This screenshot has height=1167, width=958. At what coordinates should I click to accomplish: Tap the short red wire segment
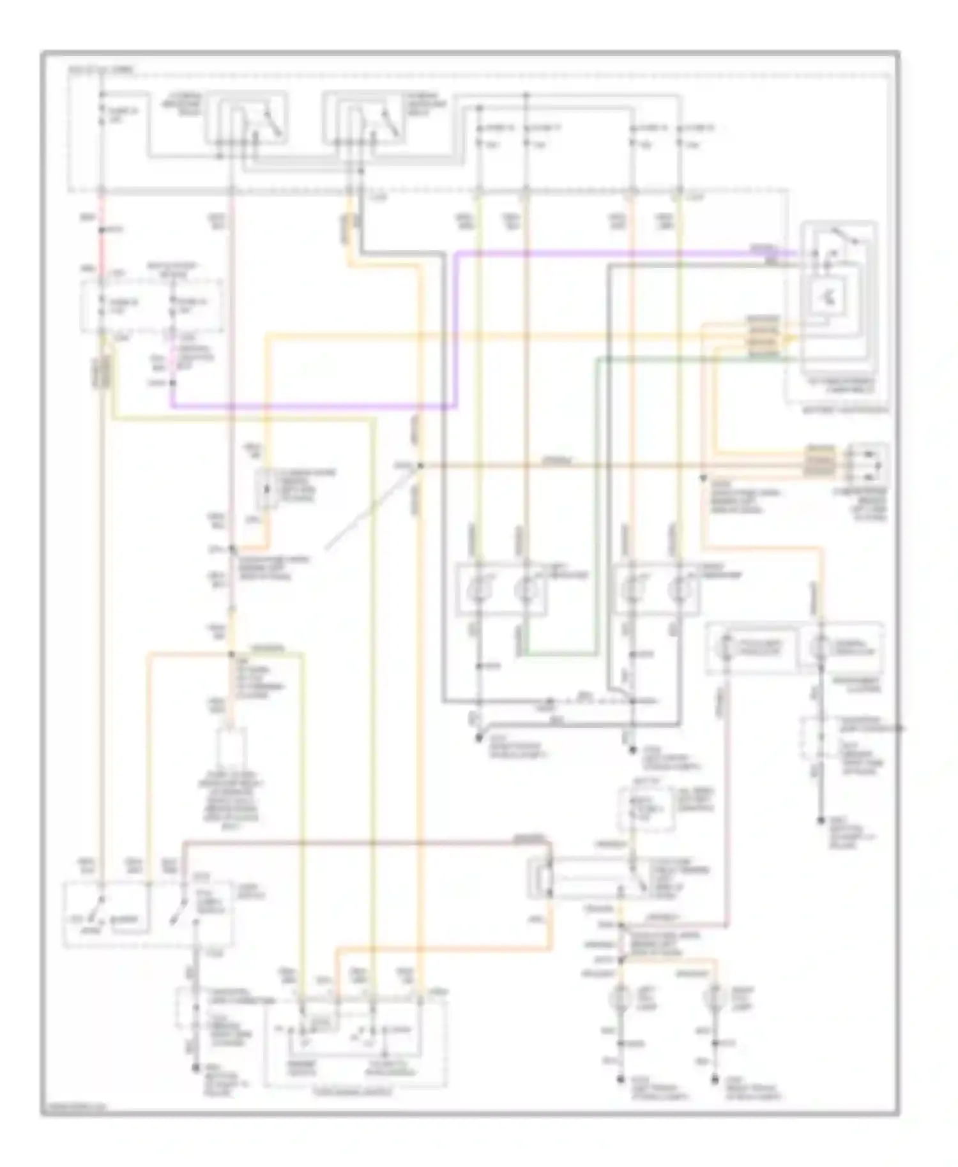pyautogui.click(x=101, y=243)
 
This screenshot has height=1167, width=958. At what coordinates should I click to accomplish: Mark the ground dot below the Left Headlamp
pyautogui.click(x=478, y=739)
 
